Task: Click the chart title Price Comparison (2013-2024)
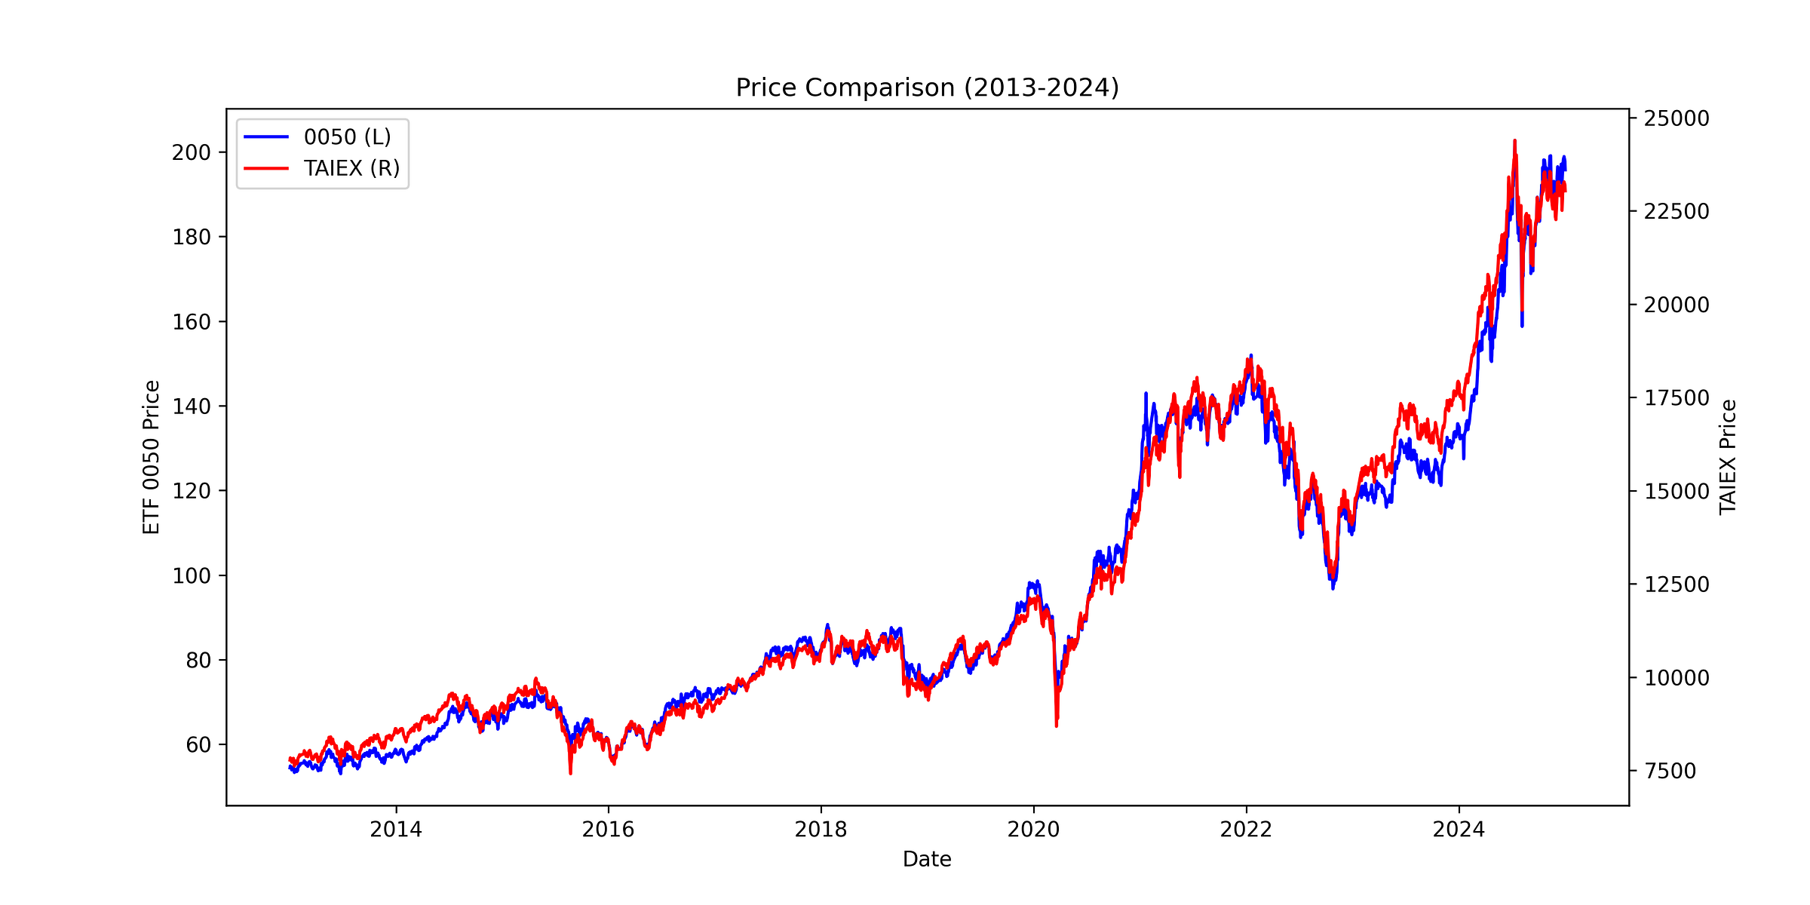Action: (927, 88)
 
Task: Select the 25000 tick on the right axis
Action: (1675, 118)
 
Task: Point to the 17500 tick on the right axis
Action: (1675, 398)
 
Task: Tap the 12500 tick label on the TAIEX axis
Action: (1675, 584)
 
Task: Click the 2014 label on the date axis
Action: (396, 830)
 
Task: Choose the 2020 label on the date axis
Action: (1033, 830)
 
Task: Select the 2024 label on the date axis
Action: (1459, 830)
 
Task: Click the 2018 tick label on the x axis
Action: (821, 830)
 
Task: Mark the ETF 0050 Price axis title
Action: (152, 457)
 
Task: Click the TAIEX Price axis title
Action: (1728, 457)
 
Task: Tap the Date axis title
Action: (927, 860)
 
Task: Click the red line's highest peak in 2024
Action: (1514, 141)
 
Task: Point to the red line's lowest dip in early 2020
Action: (1056, 726)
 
